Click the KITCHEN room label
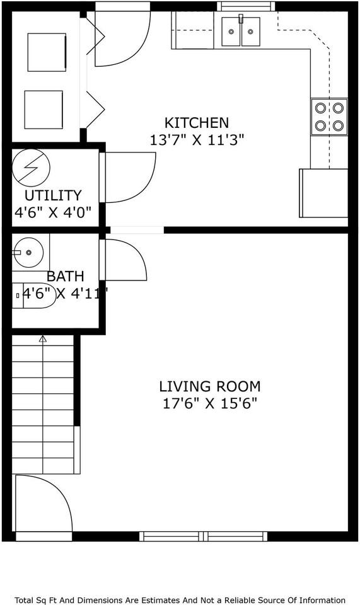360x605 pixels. [x=197, y=122]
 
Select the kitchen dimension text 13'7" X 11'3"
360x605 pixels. [x=197, y=141]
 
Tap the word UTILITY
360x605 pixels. [x=53, y=195]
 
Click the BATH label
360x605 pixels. [x=66, y=276]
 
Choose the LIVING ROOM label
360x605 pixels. [x=209, y=386]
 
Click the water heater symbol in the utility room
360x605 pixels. [x=31, y=166]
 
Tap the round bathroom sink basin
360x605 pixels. [x=28, y=253]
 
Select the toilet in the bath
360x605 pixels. [x=38, y=295]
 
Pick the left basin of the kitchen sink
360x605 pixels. [x=231, y=33]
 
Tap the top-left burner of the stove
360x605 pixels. [x=320, y=108]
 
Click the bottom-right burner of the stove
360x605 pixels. [x=339, y=125]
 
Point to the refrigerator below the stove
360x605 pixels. [x=323, y=193]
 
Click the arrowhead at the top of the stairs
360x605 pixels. [x=43, y=339]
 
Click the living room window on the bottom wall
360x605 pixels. [x=204, y=536]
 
